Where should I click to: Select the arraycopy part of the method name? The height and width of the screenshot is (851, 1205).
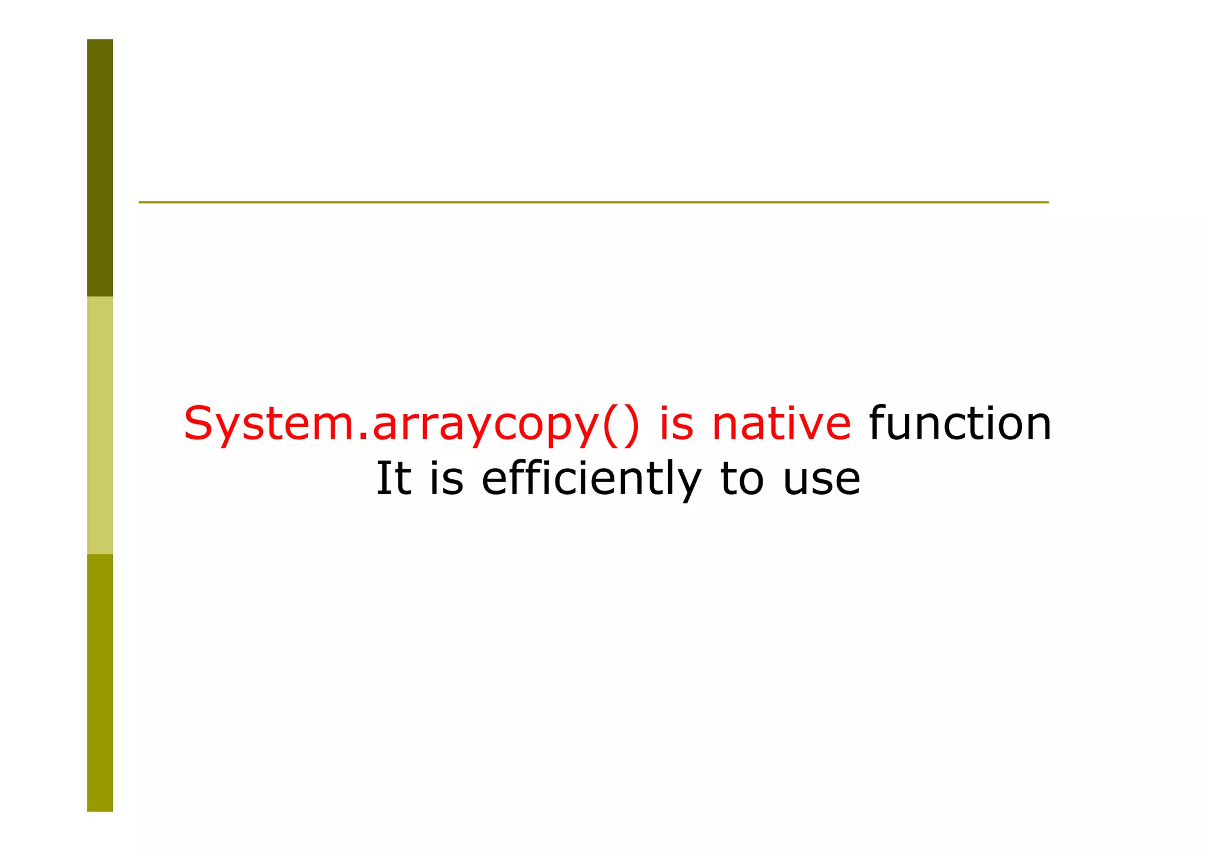click(x=484, y=425)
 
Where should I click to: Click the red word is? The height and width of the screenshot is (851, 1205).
click(x=676, y=423)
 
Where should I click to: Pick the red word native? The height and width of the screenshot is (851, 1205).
click(x=781, y=423)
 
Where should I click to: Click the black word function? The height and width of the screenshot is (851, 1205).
click(x=960, y=423)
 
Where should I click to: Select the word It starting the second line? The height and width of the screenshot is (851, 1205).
click(x=393, y=478)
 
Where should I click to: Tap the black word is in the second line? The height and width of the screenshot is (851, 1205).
click(x=447, y=478)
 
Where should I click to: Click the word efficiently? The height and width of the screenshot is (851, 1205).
click(x=591, y=478)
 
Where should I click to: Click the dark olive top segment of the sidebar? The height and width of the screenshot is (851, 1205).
click(x=100, y=168)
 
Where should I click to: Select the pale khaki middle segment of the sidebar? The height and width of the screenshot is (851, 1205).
click(x=100, y=425)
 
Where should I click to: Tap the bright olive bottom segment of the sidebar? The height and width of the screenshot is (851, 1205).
click(x=100, y=682)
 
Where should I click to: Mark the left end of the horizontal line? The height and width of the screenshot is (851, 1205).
click(x=140, y=202)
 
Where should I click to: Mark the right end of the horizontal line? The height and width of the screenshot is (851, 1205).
click(x=1047, y=202)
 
